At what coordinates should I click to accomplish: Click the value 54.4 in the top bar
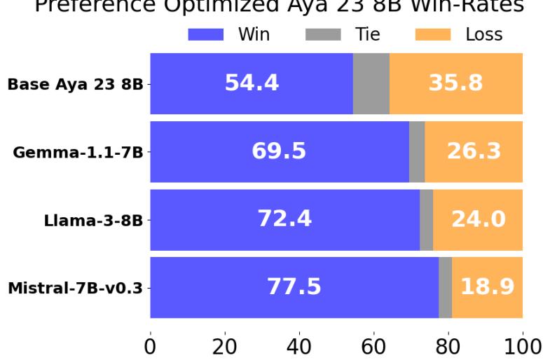pyautogui.click(x=252, y=83)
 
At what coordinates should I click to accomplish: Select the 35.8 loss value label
pyautogui.click(x=456, y=83)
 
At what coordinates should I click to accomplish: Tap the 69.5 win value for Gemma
pyautogui.click(x=279, y=151)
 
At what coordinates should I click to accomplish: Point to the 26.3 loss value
pyautogui.click(x=474, y=151)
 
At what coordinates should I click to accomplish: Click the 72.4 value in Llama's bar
pyautogui.click(x=284, y=219)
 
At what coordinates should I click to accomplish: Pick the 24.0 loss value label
pyautogui.click(x=478, y=219)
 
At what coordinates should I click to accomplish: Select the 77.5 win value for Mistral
pyautogui.click(x=294, y=287)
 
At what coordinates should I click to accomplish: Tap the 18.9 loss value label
pyautogui.click(x=488, y=287)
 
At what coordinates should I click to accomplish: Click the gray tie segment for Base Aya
pyautogui.click(x=371, y=83)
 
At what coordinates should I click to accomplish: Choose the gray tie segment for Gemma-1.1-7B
pyautogui.click(x=417, y=151)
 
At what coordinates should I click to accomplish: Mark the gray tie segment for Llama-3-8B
pyautogui.click(x=426, y=219)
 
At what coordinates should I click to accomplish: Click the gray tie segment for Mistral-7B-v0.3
pyautogui.click(x=445, y=287)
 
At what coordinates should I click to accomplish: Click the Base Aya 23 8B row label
pyautogui.click(x=75, y=85)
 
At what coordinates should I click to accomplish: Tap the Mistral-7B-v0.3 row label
pyautogui.click(x=75, y=289)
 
